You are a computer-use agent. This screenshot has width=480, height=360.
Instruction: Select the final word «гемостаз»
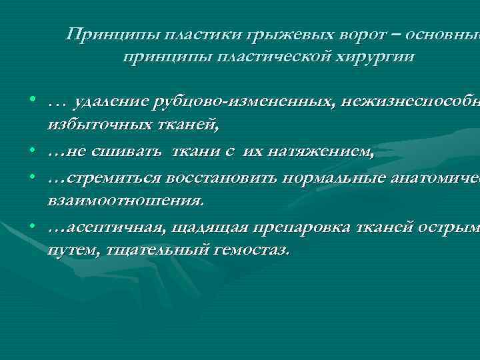pyautogui.click(x=253, y=252)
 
